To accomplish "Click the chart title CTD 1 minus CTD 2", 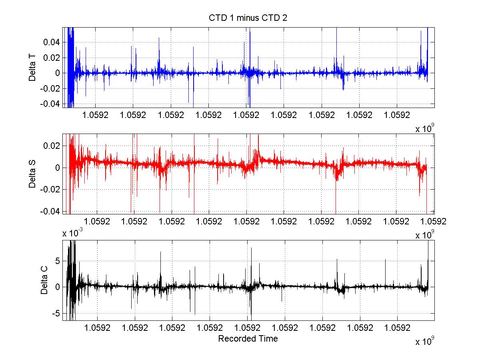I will click(x=248, y=18).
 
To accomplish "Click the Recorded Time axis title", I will click(x=248, y=339).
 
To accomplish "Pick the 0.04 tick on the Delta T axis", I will click(x=53, y=42).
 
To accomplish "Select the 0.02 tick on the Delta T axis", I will click(x=53, y=58).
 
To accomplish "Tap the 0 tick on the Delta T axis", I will click(x=58, y=73).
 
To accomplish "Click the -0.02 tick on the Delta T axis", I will click(x=52, y=88).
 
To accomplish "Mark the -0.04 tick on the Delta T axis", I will click(x=52, y=104).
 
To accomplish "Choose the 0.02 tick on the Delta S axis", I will click(x=53, y=146).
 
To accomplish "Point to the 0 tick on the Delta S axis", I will click(x=58, y=168).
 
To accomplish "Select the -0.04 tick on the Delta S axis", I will click(x=52, y=211).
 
